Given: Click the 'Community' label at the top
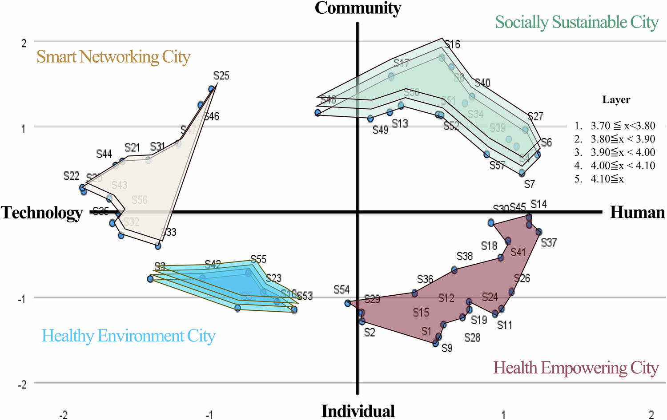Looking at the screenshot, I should pyautogui.click(x=358, y=8).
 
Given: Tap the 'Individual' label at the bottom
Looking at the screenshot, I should pyautogui.click(x=358, y=411).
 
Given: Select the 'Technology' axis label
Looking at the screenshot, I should pyautogui.click(x=42, y=213).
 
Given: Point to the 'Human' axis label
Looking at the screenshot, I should pyautogui.click(x=637, y=212).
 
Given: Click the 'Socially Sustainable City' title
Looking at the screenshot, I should pyautogui.click(x=577, y=22).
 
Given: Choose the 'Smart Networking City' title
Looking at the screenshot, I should pyautogui.click(x=113, y=57).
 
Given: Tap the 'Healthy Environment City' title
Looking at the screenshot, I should pyautogui.click(x=129, y=336).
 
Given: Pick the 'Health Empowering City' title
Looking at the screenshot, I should pyautogui.click(x=576, y=368).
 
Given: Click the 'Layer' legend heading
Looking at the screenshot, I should pyautogui.click(x=616, y=99).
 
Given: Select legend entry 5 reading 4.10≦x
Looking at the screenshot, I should pyautogui.click(x=607, y=179).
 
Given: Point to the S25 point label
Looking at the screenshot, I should pyautogui.click(x=221, y=76).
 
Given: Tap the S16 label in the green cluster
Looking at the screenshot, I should pyautogui.click(x=452, y=44).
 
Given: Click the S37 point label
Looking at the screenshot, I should pyautogui.click(x=549, y=242).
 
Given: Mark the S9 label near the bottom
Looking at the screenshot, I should pyautogui.click(x=447, y=348).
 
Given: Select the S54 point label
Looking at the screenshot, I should pyautogui.click(x=342, y=290).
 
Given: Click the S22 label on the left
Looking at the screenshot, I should pyautogui.click(x=71, y=176).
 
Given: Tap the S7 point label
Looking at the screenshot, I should pyautogui.click(x=529, y=184).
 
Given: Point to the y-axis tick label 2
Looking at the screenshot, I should pyautogui.click(x=24, y=43).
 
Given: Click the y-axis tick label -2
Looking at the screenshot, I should pyautogui.click(x=22, y=384).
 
